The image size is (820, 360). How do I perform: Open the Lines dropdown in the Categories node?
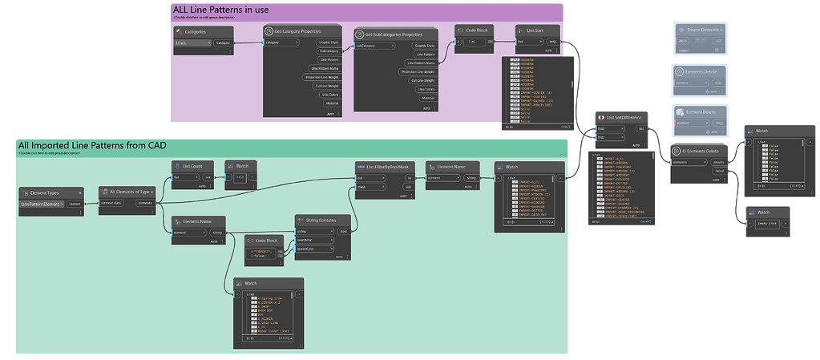coord(192,43)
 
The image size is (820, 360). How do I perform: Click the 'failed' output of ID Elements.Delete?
coord(719,170)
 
